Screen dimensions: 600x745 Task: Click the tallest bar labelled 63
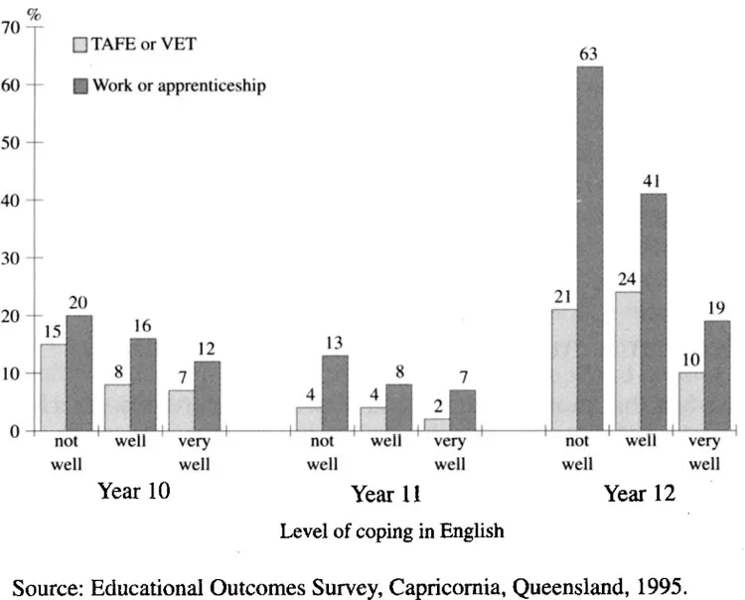pos(589,248)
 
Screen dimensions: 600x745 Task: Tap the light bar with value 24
pos(627,362)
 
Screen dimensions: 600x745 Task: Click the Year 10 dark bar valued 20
pos(79,373)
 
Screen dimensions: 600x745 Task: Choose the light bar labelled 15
pos(54,387)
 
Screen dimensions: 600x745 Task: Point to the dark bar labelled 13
pos(335,393)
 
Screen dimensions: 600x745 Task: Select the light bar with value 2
pos(437,425)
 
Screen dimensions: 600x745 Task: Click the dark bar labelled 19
pos(716,375)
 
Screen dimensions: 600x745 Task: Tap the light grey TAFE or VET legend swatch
pos(81,45)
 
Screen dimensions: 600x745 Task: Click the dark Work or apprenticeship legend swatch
pos(81,85)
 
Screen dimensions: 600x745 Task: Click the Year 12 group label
pos(641,494)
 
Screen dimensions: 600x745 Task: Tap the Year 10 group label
pos(132,491)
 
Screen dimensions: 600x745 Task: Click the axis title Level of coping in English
pos(391,530)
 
